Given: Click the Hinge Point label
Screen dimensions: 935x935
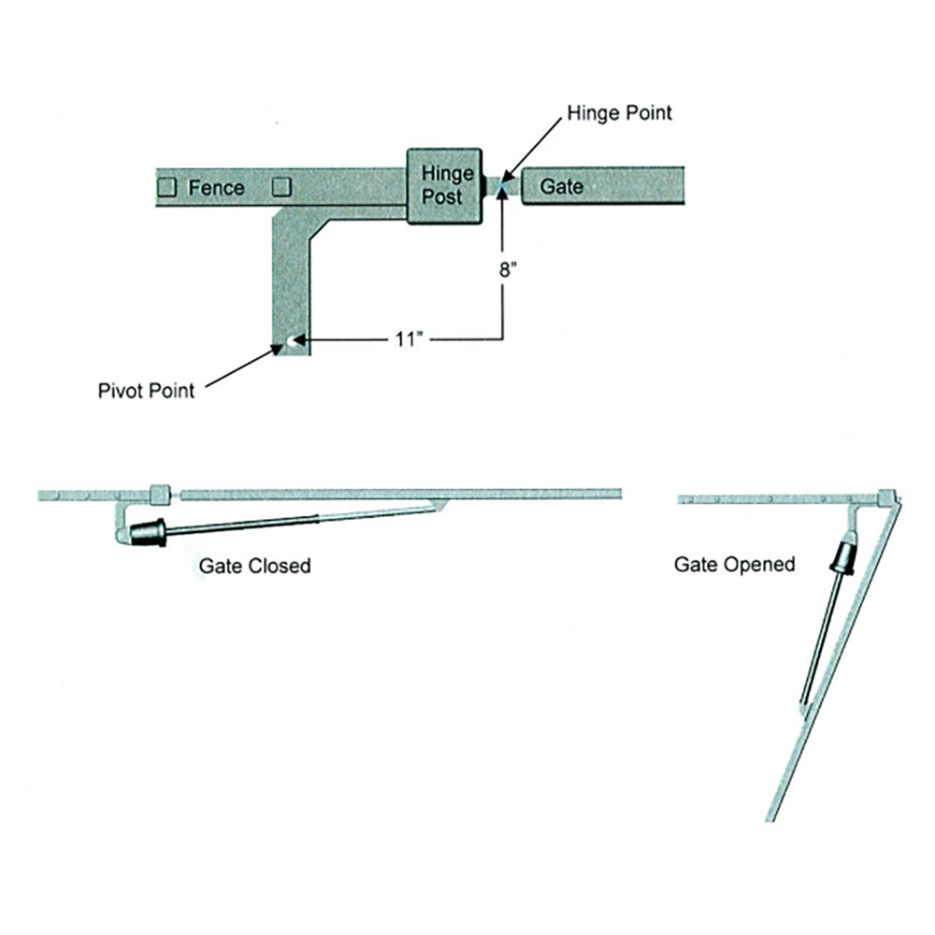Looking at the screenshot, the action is coord(619,113).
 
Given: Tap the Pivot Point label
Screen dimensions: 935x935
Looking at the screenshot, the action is coord(146,391).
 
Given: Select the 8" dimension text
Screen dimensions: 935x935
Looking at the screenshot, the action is coord(508,270).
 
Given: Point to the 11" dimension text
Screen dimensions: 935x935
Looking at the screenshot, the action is coord(410,340).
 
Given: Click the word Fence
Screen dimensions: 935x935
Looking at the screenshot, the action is coord(217,188).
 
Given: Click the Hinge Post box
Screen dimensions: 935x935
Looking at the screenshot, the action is coord(444,186).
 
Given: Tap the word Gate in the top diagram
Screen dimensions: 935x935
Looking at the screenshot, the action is coord(561,186).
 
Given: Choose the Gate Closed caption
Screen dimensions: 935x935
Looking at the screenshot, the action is coord(254,566).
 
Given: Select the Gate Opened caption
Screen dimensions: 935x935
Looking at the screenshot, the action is coord(735,564).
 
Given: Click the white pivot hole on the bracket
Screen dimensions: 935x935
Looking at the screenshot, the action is coord(292,341).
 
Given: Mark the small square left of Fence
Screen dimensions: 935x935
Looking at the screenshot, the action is coord(167,187).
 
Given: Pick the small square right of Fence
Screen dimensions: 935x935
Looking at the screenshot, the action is coord(281,187).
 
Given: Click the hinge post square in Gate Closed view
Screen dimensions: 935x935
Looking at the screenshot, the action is coord(160,495).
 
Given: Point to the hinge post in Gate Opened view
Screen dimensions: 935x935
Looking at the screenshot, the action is coord(886,497).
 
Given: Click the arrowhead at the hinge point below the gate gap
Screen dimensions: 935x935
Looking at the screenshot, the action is coord(502,194).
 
